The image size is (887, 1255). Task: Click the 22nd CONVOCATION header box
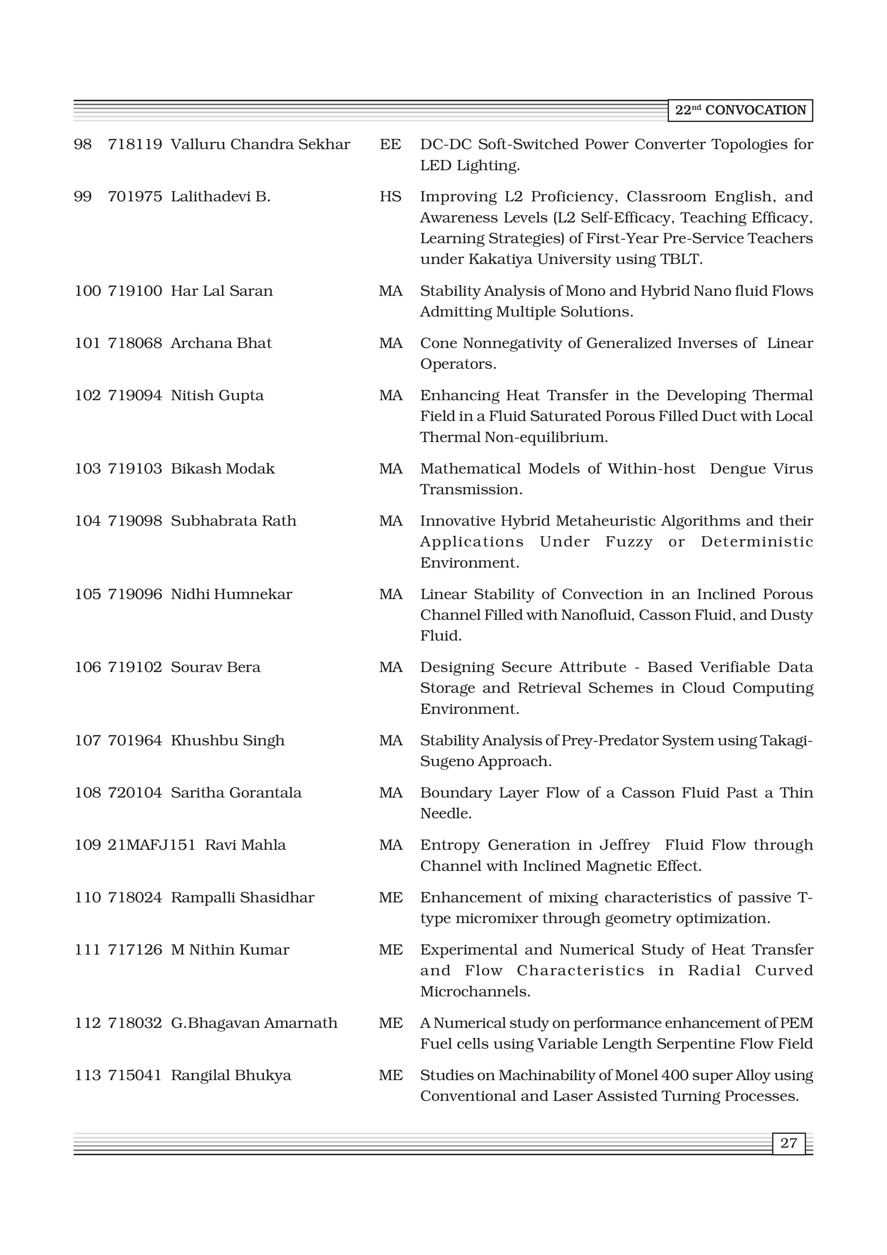click(740, 111)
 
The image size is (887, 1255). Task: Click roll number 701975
click(134, 197)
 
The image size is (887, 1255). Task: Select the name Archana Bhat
click(221, 343)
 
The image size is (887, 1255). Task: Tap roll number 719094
click(134, 395)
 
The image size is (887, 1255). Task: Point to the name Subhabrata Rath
click(233, 521)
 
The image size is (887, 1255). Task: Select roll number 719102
click(134, 667)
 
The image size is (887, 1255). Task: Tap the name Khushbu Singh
click(227, 741)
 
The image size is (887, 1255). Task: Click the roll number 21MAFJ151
click(151, 845)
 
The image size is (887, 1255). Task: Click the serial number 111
click(87, 950)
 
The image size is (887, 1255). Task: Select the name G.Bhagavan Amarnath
click(254, 1023)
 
